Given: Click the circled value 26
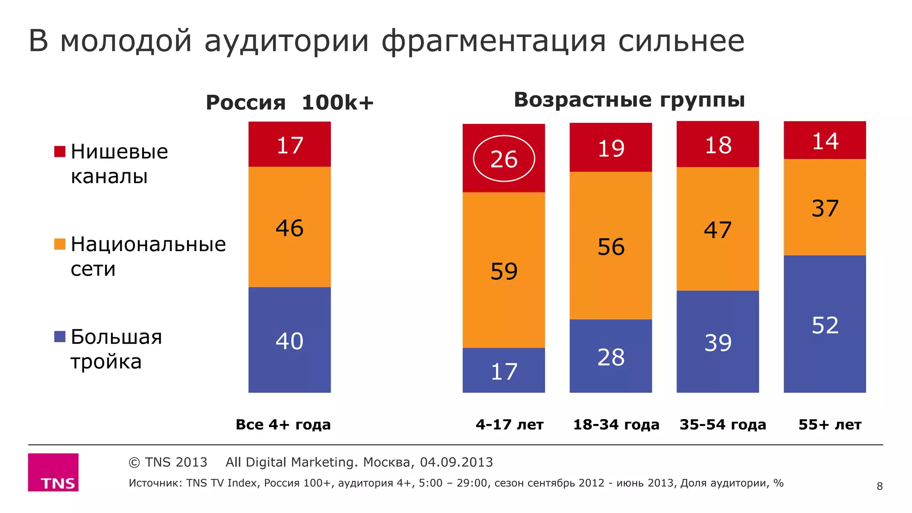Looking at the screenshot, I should pyautogui.click(x=504, y=159).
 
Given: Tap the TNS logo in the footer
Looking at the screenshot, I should pyautogui.click(x=53, y=472).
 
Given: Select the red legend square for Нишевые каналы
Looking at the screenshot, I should pyautogui.click(x=60, y=151).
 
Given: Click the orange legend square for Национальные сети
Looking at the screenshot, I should pyautogui.click(x=60, y=244).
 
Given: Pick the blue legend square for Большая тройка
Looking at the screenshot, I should pyautogui.click(x=60, y=336).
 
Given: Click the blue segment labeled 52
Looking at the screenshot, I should pyautogui.click(x=825, y=324).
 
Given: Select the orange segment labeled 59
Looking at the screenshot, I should pyautogui.click(x=504, y=270).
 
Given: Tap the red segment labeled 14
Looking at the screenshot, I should pyautogui.click(x=825, y=140).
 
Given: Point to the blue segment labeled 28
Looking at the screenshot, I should pyautogui.click(x=611, y=356).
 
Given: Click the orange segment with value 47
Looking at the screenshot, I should pyautogui.click(x=717, y=229).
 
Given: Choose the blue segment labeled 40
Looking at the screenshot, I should pyautogui.click(x=289, y=340).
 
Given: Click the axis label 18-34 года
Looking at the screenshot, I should pyautogui.click(x=616, y=424).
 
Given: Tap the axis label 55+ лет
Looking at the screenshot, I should pyautogui.click(x=830, y=424).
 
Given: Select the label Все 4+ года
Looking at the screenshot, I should pyautogui.click(x=283, y=424).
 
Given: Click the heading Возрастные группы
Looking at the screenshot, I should pyautogui.click(x=629, y=100).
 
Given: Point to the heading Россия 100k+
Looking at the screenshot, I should pyautogui.click(x=289, y=102).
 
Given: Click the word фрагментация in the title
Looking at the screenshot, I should pyautogui.click(x=493, y=41).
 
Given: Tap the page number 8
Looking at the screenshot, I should pyautogui.click(x=879, y=486).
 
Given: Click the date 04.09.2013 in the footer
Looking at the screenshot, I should pyautogui.click(x=456, y=462).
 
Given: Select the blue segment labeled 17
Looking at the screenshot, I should pyautogui.click(x=504, y=370).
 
